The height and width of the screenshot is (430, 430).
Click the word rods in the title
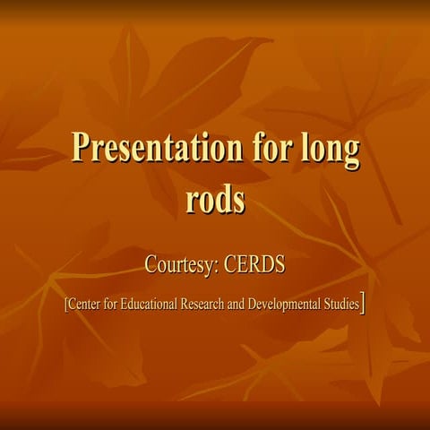[215, 199]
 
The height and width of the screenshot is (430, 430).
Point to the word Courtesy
[183, 266]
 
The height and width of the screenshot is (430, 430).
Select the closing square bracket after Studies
[362, 304]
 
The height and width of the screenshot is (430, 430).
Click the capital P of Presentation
[81, 148]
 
